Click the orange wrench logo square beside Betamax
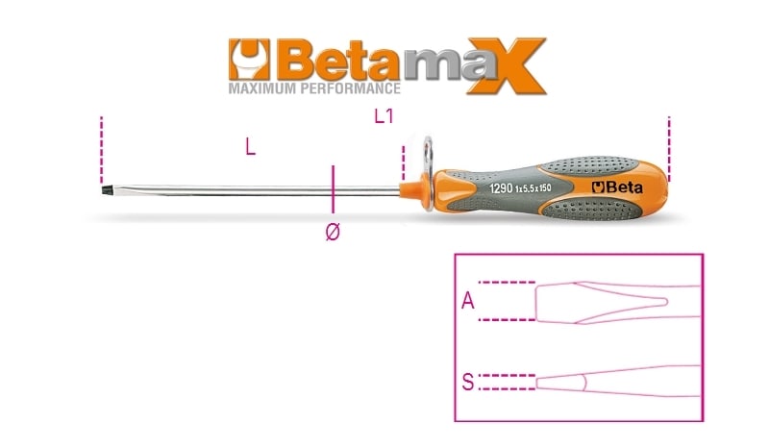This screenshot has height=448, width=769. pos(249,60)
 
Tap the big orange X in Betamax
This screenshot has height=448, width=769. pos(507,65)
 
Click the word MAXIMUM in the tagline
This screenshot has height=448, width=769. pos(261,88)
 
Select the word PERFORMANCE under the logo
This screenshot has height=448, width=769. pos(350,88)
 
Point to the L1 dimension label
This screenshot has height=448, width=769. pos(384,116)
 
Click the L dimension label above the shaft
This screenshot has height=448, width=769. pos(250,147)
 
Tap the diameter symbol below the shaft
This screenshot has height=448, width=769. pos(332,231)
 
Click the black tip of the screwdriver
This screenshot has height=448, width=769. pos(106,189)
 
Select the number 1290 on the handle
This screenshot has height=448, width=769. pos(501,188)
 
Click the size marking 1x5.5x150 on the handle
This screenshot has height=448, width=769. pos(533,188)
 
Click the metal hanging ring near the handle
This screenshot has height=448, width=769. pos(428,173)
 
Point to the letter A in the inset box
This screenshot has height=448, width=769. pos(468,300)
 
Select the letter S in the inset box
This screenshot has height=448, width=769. pos(468,382)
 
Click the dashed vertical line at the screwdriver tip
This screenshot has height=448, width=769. pos(102,150)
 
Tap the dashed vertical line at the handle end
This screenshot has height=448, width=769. pos(669,149)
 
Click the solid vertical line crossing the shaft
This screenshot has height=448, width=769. pos(333,189)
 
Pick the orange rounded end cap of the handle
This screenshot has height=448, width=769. pos(657,183)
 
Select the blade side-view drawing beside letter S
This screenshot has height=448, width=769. pos(618,382)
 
